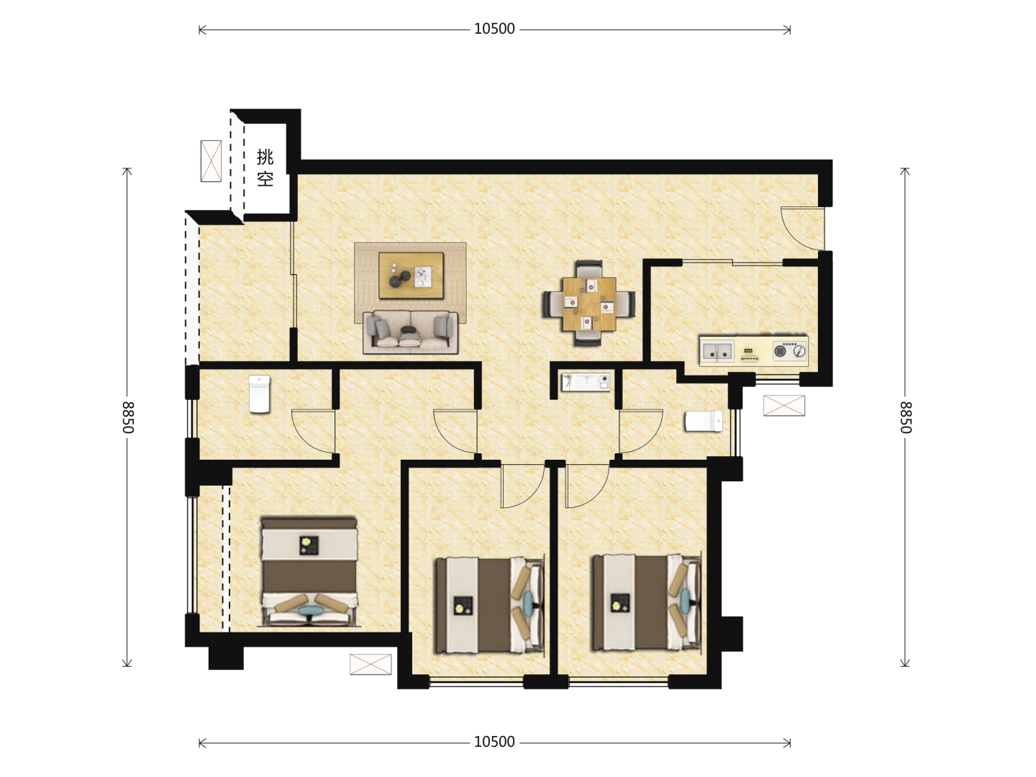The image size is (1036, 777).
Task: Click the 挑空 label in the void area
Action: point(265,168)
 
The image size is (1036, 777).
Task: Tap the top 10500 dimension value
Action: point(494,29)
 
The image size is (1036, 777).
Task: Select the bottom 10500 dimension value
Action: point(494,742)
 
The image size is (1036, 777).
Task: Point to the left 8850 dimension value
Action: point(128,417)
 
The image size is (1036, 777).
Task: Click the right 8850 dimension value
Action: point(905,417)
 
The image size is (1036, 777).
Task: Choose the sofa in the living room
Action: point(410,332)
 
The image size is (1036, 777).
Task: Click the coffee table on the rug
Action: point(411,276)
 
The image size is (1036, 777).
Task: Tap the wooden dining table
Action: point(589,304)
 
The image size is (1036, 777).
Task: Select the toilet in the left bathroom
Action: point(259,394)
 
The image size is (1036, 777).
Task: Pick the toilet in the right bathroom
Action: point(704,421)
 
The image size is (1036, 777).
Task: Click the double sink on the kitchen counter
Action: point(717,351)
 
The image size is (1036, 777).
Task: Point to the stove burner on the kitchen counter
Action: point(790,351)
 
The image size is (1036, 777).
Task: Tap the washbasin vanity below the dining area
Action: point(586,382)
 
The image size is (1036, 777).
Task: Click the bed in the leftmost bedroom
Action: point(309,571)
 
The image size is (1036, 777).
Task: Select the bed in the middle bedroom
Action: point(489,605)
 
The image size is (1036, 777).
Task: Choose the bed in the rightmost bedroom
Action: point(647,603)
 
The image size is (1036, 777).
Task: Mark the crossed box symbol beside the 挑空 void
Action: point(211,161)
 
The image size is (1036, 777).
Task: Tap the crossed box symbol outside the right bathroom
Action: point(784,406)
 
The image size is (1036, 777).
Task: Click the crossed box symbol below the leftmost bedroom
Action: point(371,664)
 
